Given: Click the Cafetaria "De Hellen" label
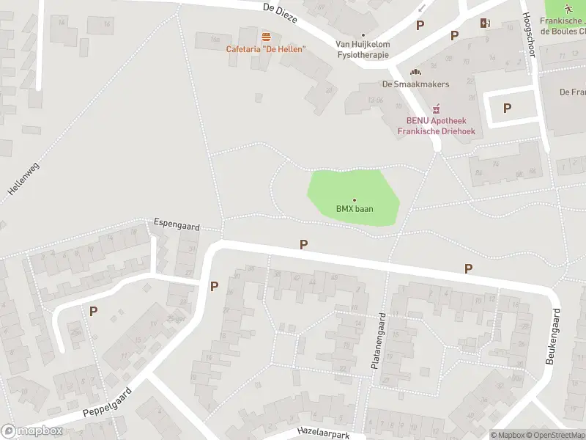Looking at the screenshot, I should (x=265, y=49).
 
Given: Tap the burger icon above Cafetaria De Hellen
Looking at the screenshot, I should (x=266, y=37).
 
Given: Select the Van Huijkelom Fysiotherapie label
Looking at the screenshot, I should (x=363, y=49).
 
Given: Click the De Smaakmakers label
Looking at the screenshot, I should (x=415, y=84).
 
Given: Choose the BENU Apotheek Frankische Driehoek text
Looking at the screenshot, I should (x=437, y=126).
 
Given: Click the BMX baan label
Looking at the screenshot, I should (x=355, y=209).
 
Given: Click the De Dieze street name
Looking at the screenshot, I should (x=280, y=12).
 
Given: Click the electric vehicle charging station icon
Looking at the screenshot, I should (x=484, y=23).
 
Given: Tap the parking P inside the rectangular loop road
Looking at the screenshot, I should (x=507, y=108).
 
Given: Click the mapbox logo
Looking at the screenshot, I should (x=31, y=431).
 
